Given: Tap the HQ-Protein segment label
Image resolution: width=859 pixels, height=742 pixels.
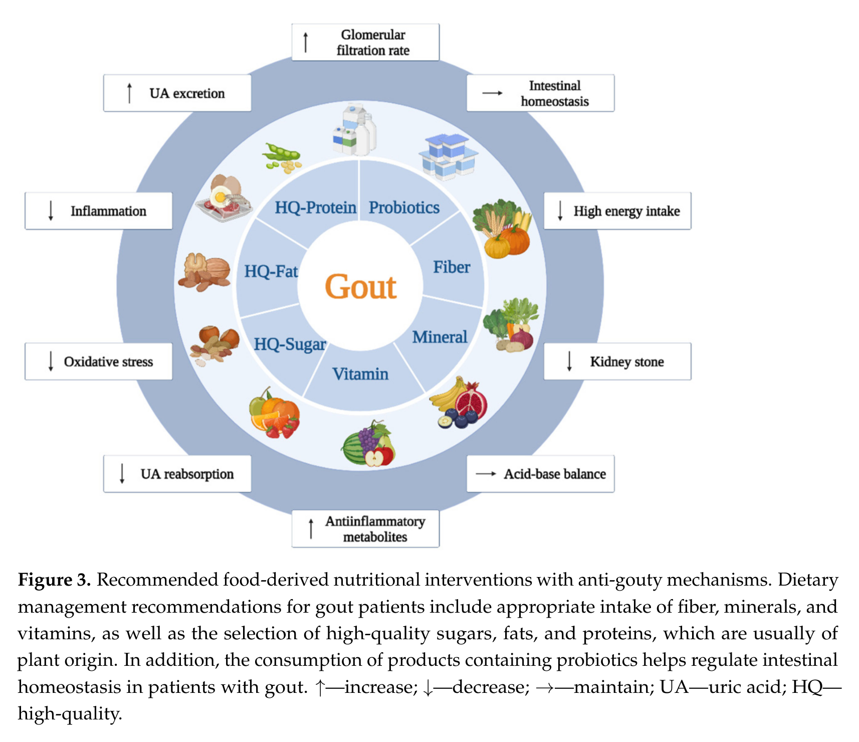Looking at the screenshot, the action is [x=315, y=207].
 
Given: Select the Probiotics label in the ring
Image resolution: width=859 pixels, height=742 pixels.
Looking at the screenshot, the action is [x=404, y=207].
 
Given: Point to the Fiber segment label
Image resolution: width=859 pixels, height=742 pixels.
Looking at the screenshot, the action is [x=452, y=267].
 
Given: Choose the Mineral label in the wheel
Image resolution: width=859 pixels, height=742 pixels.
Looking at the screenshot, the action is [x=440, y=337].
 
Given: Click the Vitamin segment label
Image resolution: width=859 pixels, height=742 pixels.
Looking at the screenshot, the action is [x=360, y=374].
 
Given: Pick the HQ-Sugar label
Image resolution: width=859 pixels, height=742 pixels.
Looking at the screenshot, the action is [x=290, y=344].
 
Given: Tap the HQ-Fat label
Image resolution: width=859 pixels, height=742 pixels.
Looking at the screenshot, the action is [x=271, y=271].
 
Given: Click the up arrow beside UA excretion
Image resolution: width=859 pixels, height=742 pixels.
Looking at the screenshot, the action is [x=129, y=93].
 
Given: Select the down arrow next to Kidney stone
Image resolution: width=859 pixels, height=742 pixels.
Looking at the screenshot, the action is [x=569, y=361].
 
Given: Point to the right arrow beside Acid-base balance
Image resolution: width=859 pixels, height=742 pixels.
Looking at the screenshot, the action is [x=486, y=474].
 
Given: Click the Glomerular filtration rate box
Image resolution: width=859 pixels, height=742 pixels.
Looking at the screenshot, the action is [x=365, y=43].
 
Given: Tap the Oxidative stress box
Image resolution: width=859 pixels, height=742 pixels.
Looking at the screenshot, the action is [x=99, y=361].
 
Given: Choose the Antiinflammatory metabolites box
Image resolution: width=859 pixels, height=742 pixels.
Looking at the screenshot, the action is [x=365, y=529].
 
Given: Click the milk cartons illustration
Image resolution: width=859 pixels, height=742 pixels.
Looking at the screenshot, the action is [x=355, y=129].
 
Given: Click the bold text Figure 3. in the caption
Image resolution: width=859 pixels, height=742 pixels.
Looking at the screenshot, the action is [x=54, y=580].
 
